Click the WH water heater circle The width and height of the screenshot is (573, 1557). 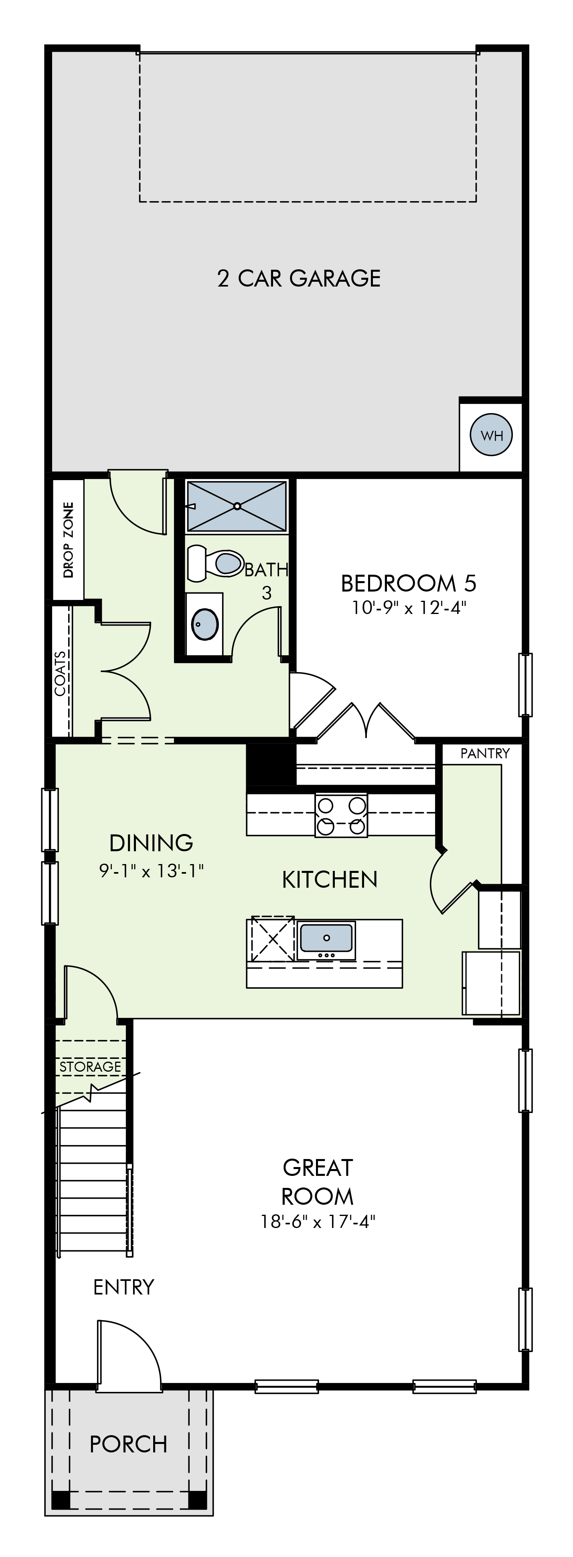click(492, 434)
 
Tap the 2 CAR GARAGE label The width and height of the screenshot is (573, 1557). click(299, 278)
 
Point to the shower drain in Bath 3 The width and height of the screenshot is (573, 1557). click(237, 505)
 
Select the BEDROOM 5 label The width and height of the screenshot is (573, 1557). click(409, 583)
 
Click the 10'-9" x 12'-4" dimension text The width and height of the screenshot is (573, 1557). click(409, 608)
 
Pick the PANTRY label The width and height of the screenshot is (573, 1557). click(485, 753)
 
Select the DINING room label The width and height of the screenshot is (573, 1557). click(151, 842)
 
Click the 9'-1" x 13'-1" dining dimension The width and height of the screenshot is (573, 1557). click(151, 870)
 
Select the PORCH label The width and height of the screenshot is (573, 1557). click(128, 1444)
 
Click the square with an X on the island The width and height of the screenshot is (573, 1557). click(273, 939)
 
